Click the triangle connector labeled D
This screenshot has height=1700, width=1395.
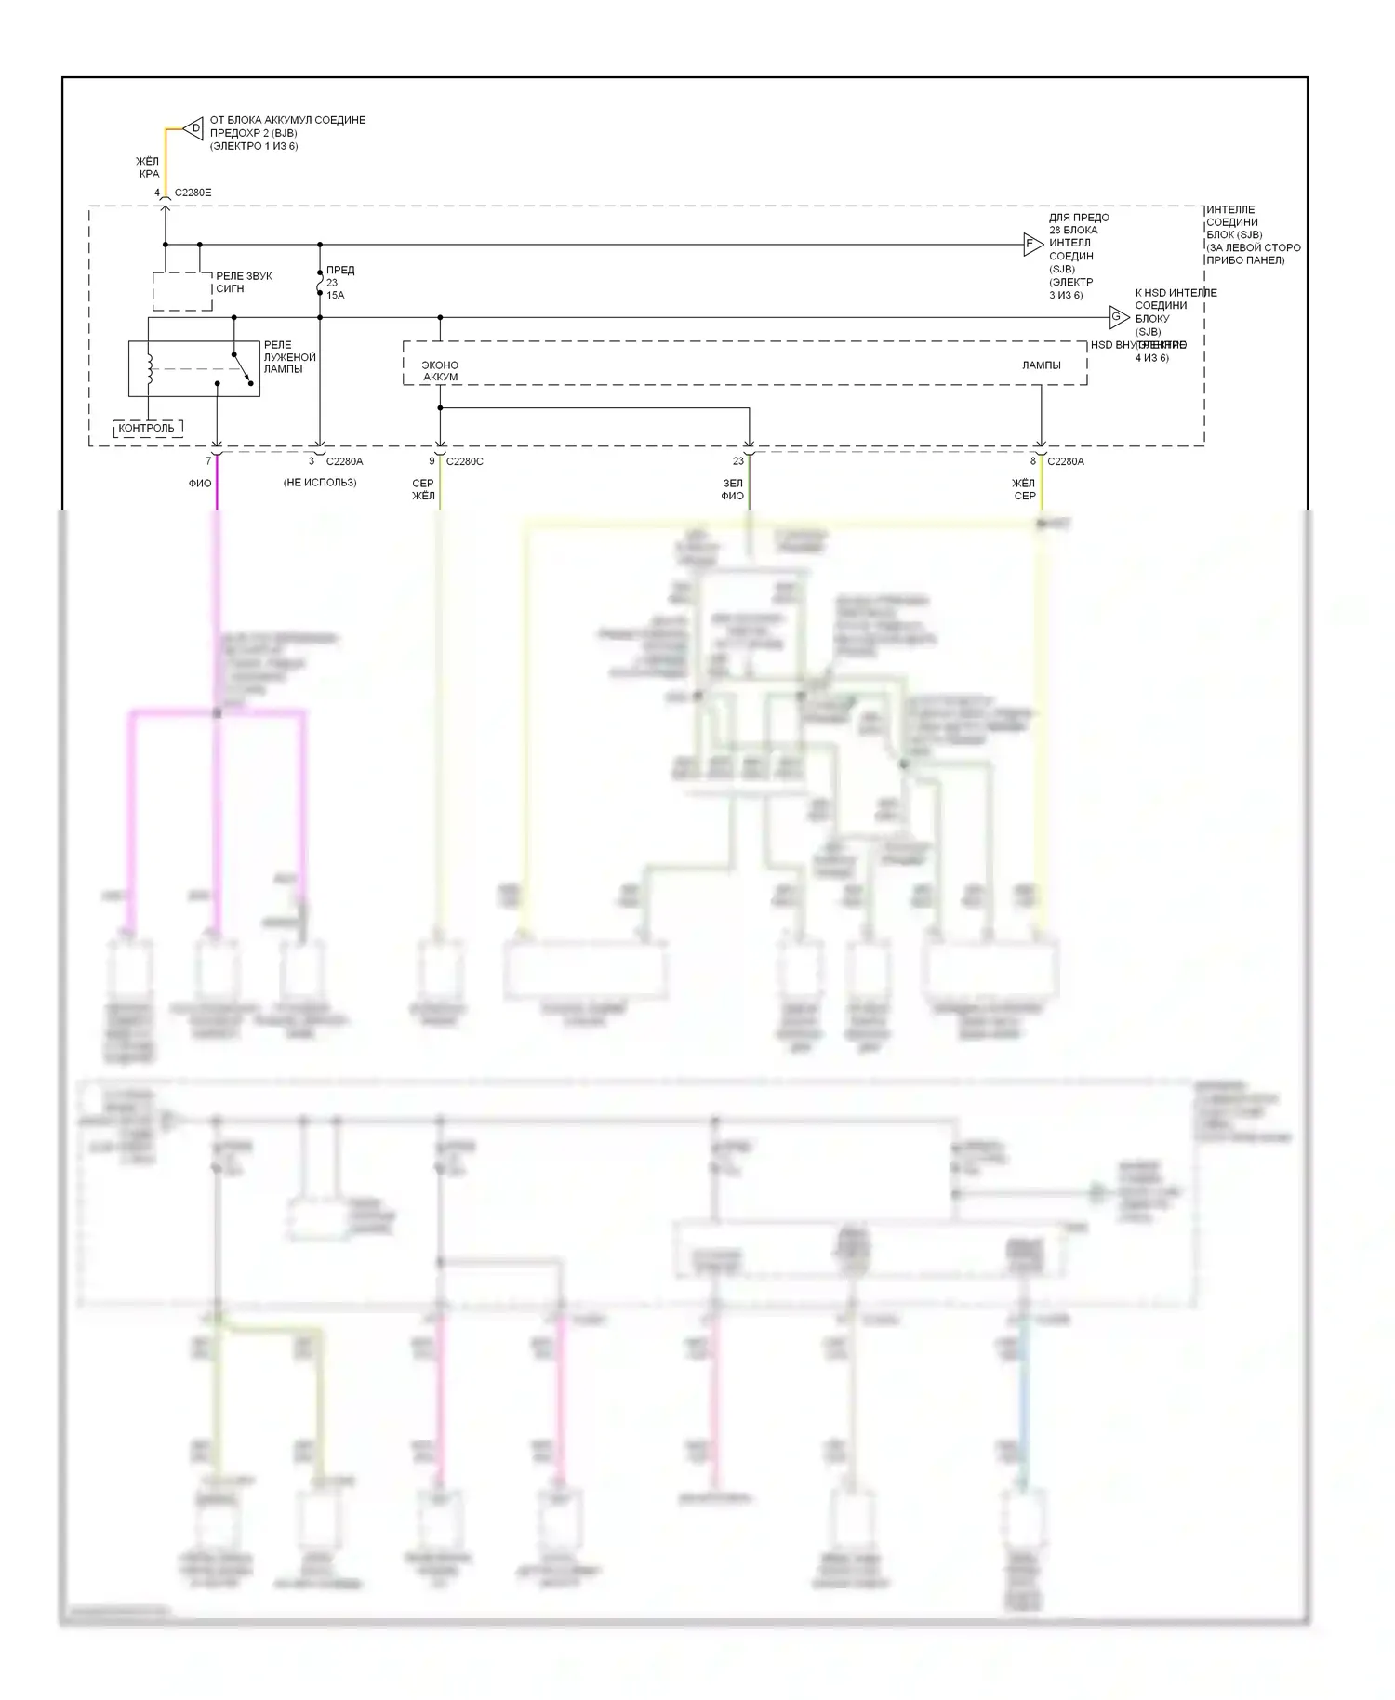[193, 128]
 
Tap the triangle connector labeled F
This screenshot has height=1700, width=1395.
[1031, 246]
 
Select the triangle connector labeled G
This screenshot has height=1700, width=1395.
[1118, 317]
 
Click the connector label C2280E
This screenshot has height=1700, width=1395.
[193, 193]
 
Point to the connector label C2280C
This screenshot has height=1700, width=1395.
[464, 461]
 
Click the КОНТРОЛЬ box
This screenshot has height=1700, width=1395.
[147, 429]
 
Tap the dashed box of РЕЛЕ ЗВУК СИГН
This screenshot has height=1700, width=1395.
[182, 291]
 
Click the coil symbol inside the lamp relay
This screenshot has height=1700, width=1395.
[149, 367]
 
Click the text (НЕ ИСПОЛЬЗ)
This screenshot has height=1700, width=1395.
[320, 483]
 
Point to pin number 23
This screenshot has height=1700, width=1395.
[738, 461]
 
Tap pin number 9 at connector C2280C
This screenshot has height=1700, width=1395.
[432, 461]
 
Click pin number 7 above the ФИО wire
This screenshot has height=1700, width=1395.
[208, 461]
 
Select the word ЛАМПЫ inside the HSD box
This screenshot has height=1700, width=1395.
[1041, 365]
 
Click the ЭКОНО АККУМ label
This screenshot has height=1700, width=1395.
[440, 371]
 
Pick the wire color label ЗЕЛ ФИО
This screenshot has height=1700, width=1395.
[733, 489]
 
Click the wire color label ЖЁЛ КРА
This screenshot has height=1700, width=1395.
[149, 167]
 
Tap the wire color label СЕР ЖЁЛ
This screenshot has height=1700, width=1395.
[423, 489]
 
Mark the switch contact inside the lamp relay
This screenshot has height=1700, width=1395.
[243, 367]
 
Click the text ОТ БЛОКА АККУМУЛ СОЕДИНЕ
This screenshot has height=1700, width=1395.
[287, 120]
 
